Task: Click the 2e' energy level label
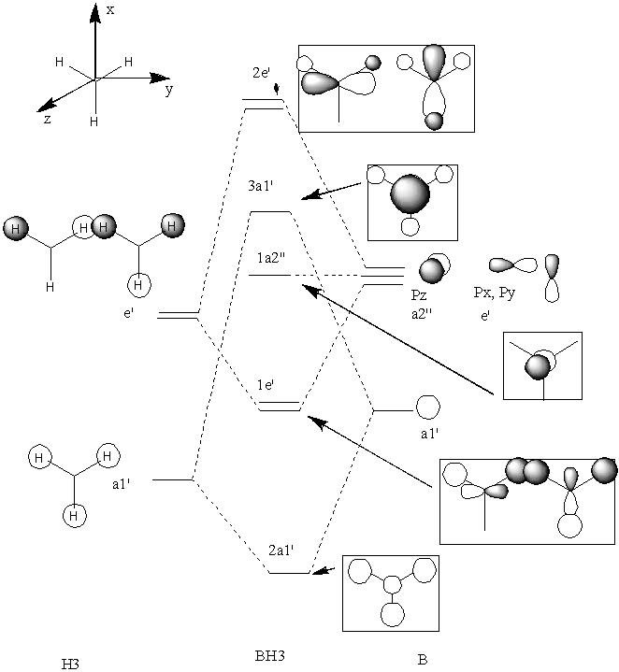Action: tap(261, 72)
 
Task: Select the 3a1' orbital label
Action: tap(261, 186)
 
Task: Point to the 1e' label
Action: tap(266, 385)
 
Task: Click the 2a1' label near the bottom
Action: tap(281, 550)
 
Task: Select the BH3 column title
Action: tap(269, 656)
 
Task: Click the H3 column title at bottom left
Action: tap(70, 664)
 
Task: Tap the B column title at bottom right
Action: tap(423, 659)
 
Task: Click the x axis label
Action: tap(110, 10)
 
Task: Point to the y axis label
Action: tap(169, 90)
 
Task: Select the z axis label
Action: tap(47, 119)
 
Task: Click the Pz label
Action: tap(419, 294)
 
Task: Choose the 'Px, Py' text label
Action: tap(495, 293)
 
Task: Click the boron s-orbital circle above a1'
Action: tap(428, 407)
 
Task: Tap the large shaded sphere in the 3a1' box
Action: tap(410, 194)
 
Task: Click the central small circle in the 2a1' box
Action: tap(392, 584)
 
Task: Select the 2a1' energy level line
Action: tap(289, 573)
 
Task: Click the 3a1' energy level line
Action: tap(271, 212)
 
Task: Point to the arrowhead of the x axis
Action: tap(95, 13)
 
